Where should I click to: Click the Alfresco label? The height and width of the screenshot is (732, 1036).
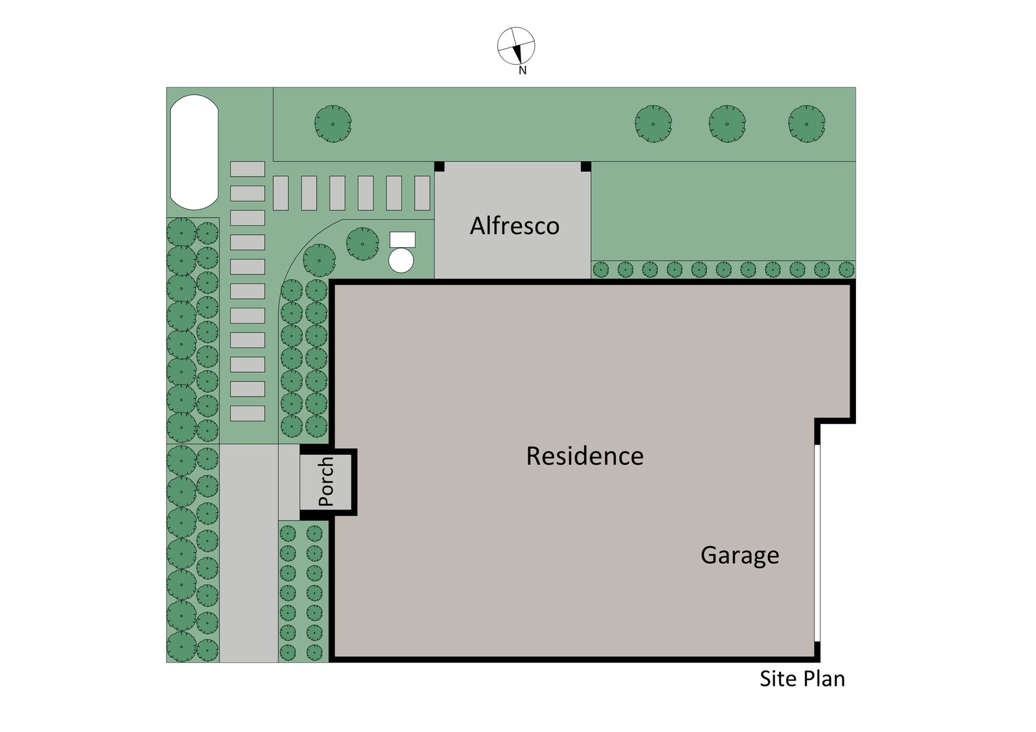[515, 226]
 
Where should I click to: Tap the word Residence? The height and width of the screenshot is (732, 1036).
[585, 456]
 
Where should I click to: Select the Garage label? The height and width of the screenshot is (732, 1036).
[739, 555]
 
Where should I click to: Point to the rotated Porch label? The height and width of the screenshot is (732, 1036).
[326, 482]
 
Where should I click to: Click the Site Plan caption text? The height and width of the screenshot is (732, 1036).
[802, 678]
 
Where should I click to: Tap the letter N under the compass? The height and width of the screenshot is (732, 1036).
[523, 71]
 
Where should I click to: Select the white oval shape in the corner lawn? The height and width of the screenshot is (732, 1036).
[194, 152]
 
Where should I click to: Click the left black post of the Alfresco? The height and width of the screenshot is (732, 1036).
[439, 166]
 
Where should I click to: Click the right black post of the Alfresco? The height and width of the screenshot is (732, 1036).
[586, 166]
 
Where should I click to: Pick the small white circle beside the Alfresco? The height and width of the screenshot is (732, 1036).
[401, 260]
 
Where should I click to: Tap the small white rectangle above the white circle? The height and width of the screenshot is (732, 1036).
[402, 239]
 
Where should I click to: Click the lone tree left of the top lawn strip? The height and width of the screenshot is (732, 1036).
[333, 124]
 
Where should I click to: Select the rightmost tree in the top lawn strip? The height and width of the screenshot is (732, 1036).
[807, 124]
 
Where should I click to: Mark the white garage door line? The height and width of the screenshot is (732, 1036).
[817, 543]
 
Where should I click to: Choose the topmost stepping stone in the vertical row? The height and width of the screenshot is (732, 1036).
[247, 169]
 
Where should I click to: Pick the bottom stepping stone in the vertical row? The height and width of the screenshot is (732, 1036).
[247, 413]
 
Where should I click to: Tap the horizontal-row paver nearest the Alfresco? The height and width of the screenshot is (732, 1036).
[422, 193]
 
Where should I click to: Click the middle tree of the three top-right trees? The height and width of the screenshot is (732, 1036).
[727, 124]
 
